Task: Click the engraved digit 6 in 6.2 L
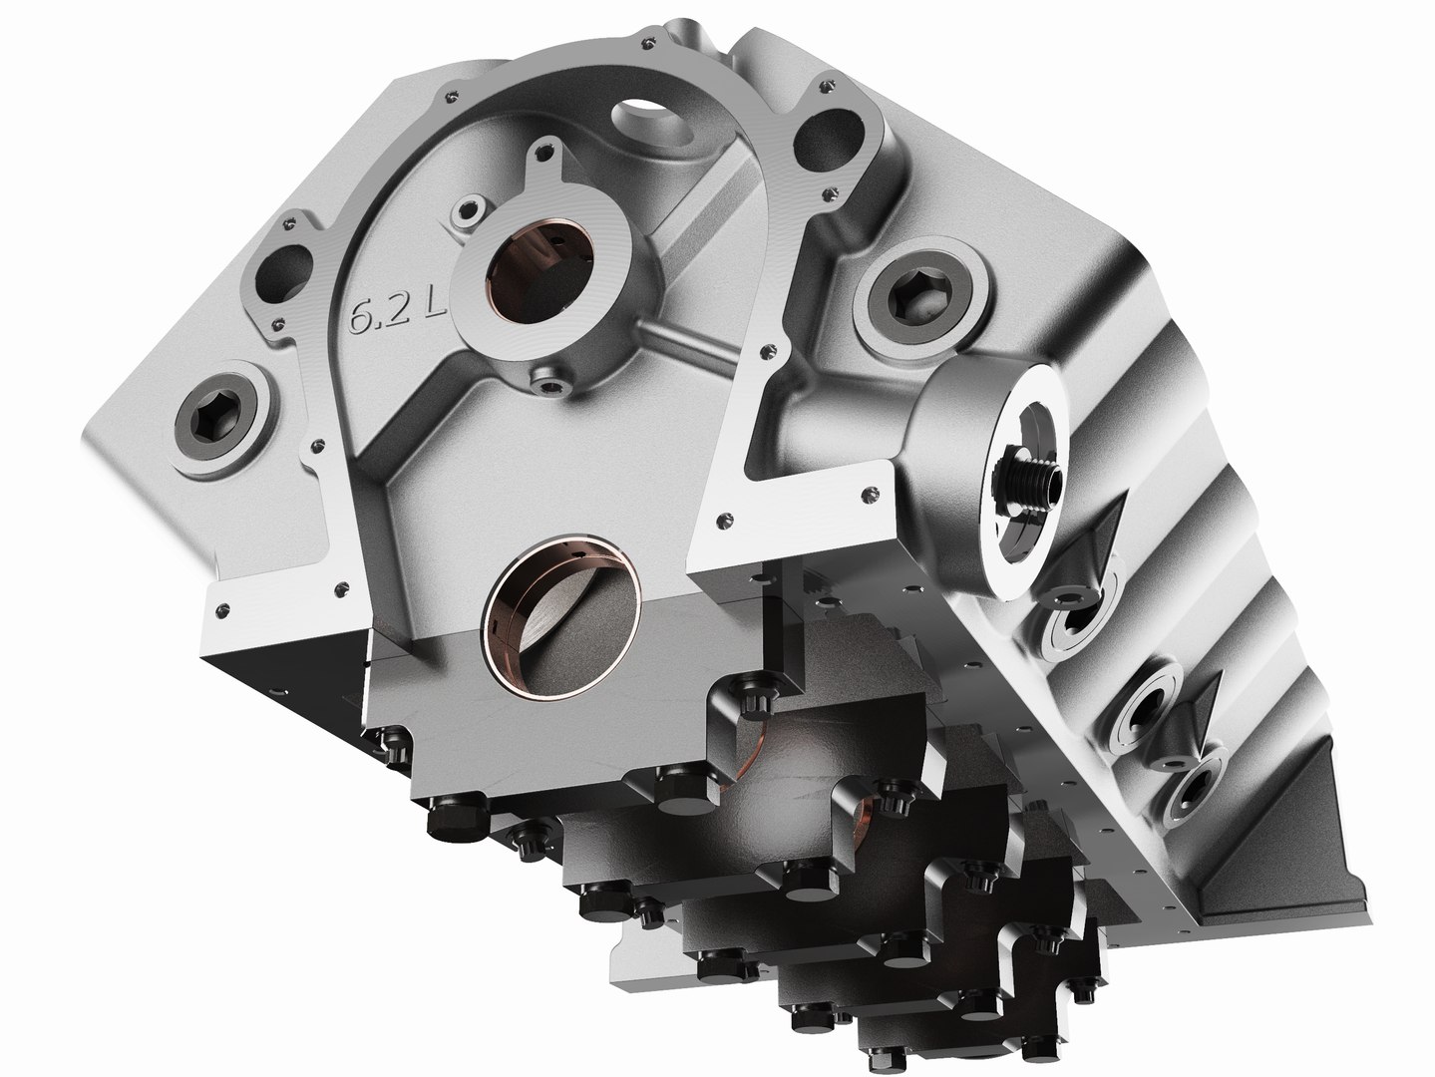click(x=361, y=317)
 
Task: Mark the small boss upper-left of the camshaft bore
click(x=467, y=211)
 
